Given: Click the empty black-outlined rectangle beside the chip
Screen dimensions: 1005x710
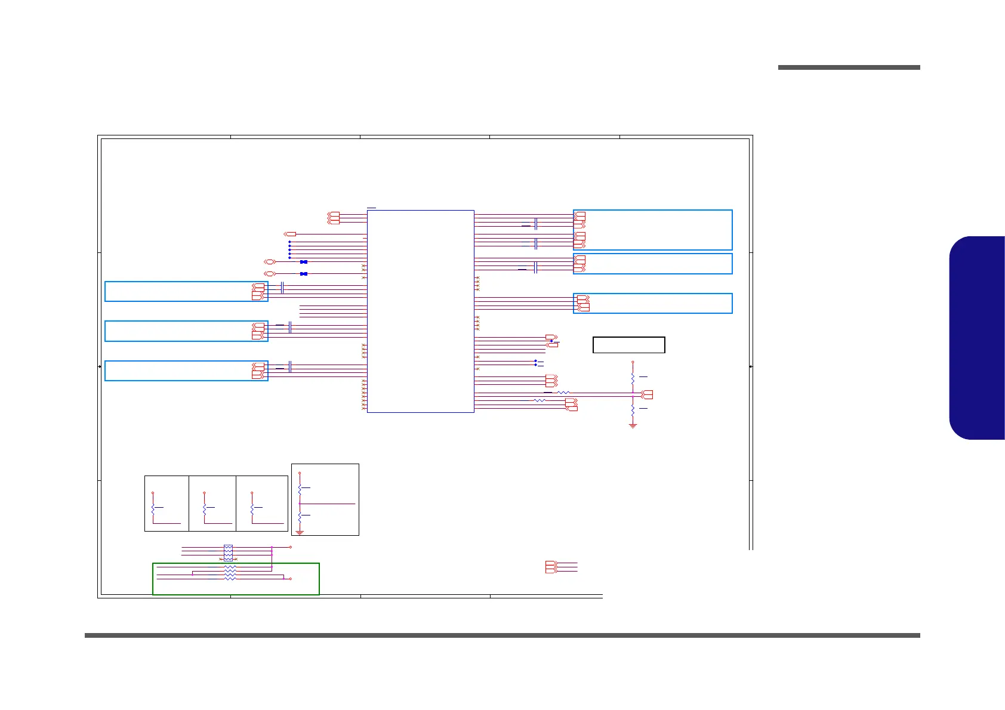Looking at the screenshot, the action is coord(628,345).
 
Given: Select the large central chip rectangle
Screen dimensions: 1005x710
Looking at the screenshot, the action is coord(420,311).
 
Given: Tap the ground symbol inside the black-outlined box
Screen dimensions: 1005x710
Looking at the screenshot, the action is coord(300,532).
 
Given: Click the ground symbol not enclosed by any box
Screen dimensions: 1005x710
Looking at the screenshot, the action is coord(633,425).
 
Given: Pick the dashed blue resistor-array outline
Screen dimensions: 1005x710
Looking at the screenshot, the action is coord(228,553).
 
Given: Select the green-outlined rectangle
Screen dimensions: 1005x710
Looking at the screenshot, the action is coord(236,579).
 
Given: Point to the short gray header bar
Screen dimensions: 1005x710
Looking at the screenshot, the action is coord(849,67).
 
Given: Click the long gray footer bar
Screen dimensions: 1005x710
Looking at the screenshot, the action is coord(502,635).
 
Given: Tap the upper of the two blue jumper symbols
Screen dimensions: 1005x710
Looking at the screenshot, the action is coord(304,262).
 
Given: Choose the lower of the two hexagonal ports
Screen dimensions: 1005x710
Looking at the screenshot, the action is coord(269,274).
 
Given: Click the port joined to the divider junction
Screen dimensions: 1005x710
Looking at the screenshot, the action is coord(647,394).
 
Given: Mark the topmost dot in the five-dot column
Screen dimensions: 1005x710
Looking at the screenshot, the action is coord(289,242).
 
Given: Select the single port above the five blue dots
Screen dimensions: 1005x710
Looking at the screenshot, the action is coord(290,234).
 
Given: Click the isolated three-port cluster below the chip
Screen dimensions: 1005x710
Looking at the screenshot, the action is coord(551,567).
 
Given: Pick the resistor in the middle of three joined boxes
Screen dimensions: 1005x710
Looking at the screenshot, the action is coord(205,510).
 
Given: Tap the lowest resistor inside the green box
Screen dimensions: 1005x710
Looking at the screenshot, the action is coord(230,579).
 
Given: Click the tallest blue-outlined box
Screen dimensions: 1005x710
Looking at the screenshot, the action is coord(652,230).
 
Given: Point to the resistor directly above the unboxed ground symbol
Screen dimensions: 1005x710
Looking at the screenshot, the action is coord(633,410).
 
